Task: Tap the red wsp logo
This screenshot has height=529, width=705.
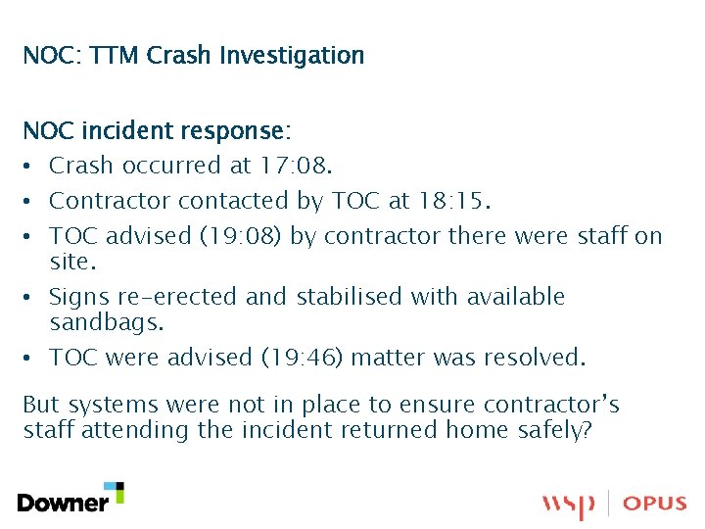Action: (x=568, y=505)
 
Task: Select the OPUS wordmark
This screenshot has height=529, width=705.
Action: (x=654, y=504)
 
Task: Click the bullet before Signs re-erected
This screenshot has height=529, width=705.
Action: (x=31, y=296)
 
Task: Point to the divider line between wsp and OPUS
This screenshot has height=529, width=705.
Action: (x=609, y=504)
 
